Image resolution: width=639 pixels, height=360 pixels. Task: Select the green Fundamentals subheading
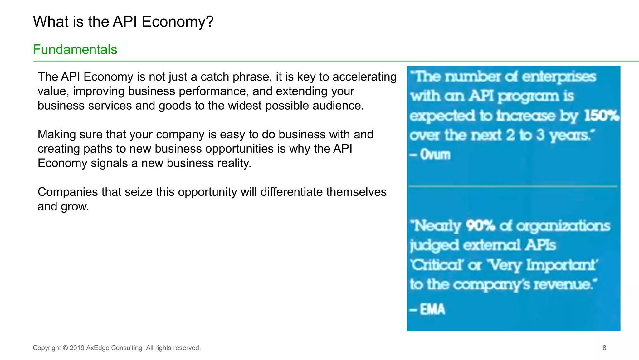[x=75, y=50]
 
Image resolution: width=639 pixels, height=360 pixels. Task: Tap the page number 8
[x=604, y=348]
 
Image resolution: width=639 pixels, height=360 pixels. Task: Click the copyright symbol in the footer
[x=65, y=348]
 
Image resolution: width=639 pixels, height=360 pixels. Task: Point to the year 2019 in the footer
[x=77, y=348]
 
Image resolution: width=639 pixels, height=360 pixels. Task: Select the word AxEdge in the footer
[x=98, y=348]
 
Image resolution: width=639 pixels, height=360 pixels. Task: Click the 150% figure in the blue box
[x=601, y=116]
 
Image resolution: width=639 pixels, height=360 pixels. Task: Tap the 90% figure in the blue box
[x=480, y=226]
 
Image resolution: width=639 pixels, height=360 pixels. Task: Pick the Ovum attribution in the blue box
[x=435, y=155]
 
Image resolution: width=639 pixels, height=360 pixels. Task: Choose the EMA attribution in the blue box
[x=432, y=309]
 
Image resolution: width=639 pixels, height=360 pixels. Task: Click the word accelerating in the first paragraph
[x=364, y=77]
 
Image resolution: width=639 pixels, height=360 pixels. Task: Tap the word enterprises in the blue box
[x=559, y=77]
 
